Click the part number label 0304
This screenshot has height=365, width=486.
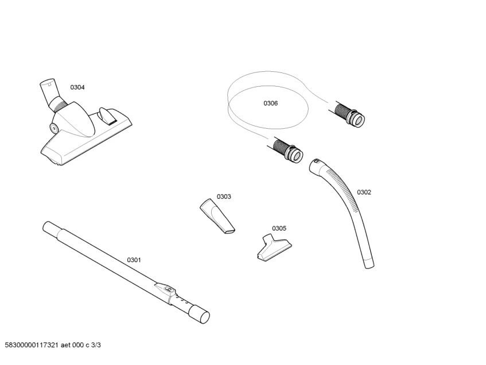pos(77,87)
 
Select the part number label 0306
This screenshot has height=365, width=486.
pos(270,103)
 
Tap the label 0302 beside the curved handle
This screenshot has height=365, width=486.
pos(364,193)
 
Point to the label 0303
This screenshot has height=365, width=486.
pos(224,197)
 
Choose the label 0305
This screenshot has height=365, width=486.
pos(279,228)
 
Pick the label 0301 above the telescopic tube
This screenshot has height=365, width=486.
pos(134,260)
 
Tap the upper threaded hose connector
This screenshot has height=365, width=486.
pos(349,115)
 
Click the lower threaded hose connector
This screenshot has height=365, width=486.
pos(287,151)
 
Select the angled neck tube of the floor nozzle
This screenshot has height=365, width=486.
pos(49,91)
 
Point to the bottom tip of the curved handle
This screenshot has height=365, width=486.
pos(368,263)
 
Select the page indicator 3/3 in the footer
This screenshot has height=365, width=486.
pos(96,345)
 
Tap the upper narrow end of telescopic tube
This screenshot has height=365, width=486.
pos(49,226)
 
